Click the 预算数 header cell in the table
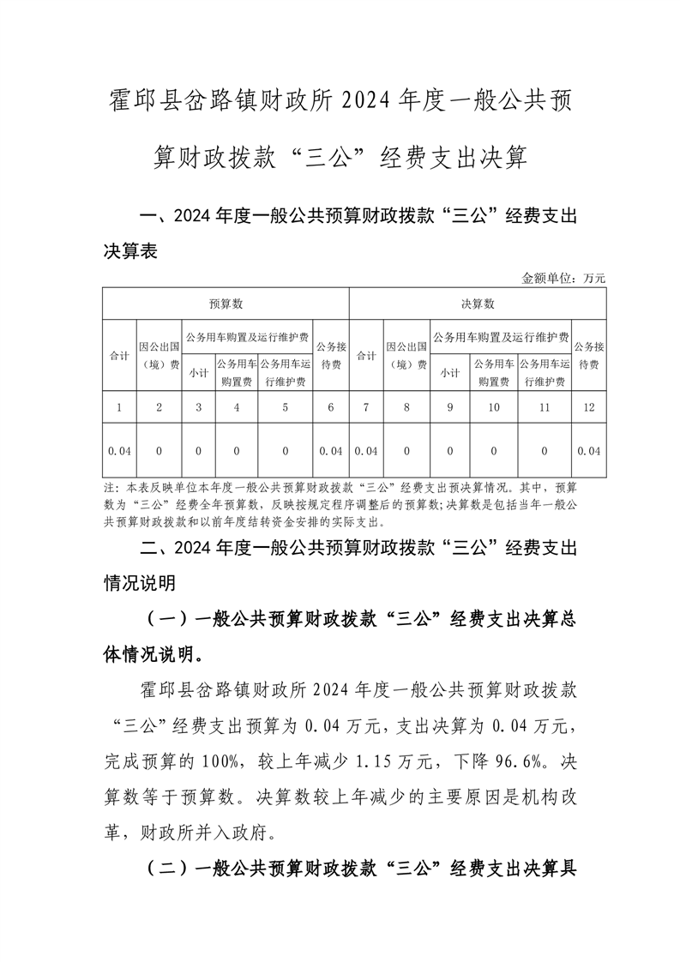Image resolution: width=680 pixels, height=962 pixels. click(226, 304)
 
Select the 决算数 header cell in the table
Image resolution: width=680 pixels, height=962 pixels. click(478, 304)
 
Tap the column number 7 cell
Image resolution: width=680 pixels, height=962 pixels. click(366, 408)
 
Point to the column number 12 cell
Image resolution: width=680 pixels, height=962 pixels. click(588, 408)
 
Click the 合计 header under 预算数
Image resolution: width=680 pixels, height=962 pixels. click(119, 355)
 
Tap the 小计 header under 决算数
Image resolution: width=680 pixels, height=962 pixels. click(449, 373)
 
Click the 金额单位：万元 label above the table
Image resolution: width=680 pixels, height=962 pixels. click(563, 278)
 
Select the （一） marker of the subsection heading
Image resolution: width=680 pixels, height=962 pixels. click(168, 621)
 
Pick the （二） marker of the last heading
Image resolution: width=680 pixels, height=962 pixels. click(168, 869)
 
